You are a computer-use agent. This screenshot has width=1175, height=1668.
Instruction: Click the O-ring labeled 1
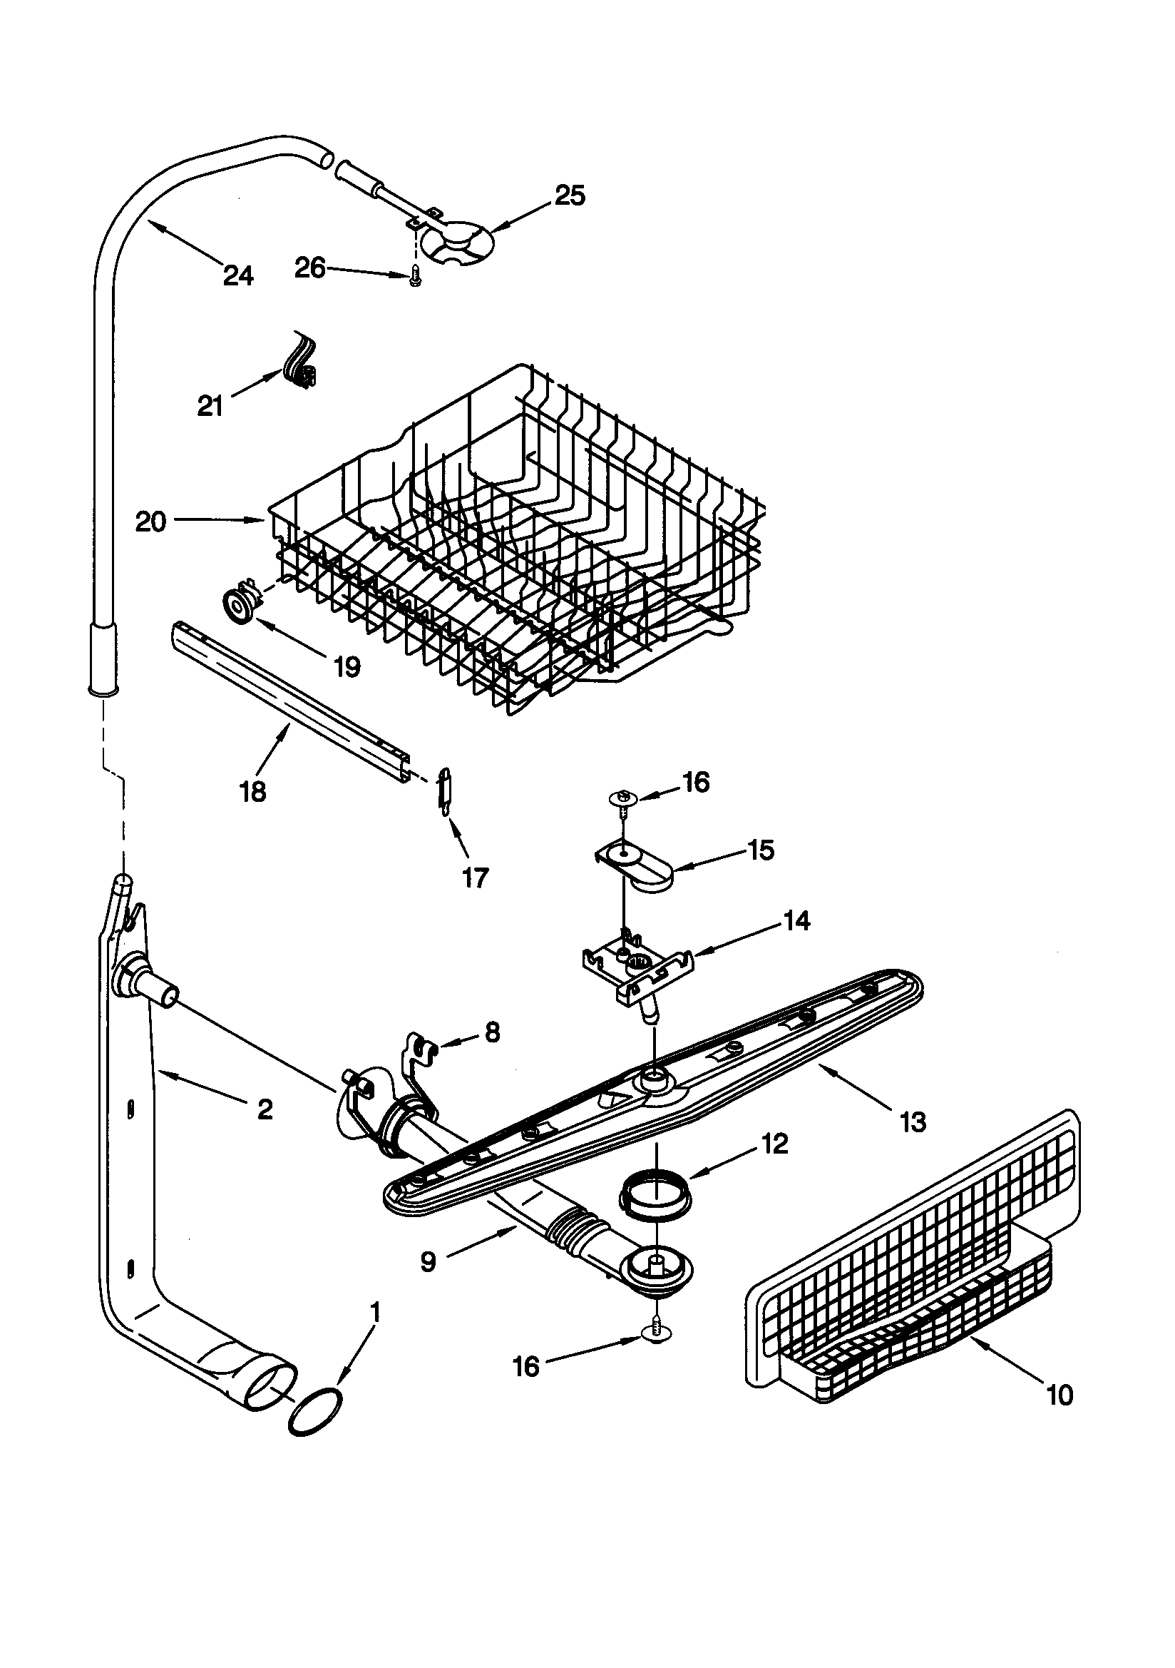(x=314, y=1412)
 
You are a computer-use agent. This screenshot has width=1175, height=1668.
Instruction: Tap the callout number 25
(x=570, y=196)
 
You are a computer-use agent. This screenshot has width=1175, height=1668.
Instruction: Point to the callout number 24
(x=238, y=275)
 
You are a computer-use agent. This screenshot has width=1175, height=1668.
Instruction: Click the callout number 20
(x=151, y=522)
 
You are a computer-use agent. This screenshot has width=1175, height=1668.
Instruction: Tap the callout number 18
(x=252, y=791)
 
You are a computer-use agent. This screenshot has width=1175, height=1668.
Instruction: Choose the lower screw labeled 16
(x=657, y=1331)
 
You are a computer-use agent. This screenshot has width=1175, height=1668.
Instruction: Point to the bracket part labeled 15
(x=639, y=867)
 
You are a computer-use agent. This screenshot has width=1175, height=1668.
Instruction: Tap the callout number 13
(x=913, y=1122)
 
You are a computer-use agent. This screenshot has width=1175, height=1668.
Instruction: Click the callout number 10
(x=1060, y=1395)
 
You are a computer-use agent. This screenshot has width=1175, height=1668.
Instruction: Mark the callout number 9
(x=429, y=1262)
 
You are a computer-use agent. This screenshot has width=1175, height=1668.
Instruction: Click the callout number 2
(x=265, y=1109)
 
